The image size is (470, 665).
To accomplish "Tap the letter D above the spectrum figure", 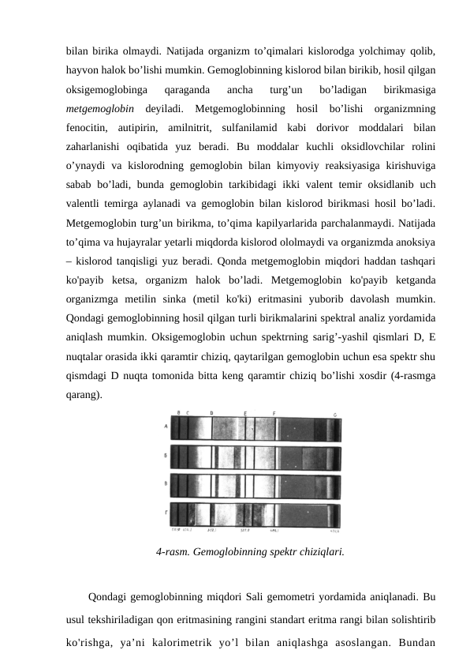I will point(211,414).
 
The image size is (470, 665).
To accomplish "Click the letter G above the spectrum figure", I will point(335,415).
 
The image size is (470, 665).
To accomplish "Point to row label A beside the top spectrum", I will point(166,426).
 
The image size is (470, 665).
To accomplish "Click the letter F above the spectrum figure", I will point(274,413).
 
